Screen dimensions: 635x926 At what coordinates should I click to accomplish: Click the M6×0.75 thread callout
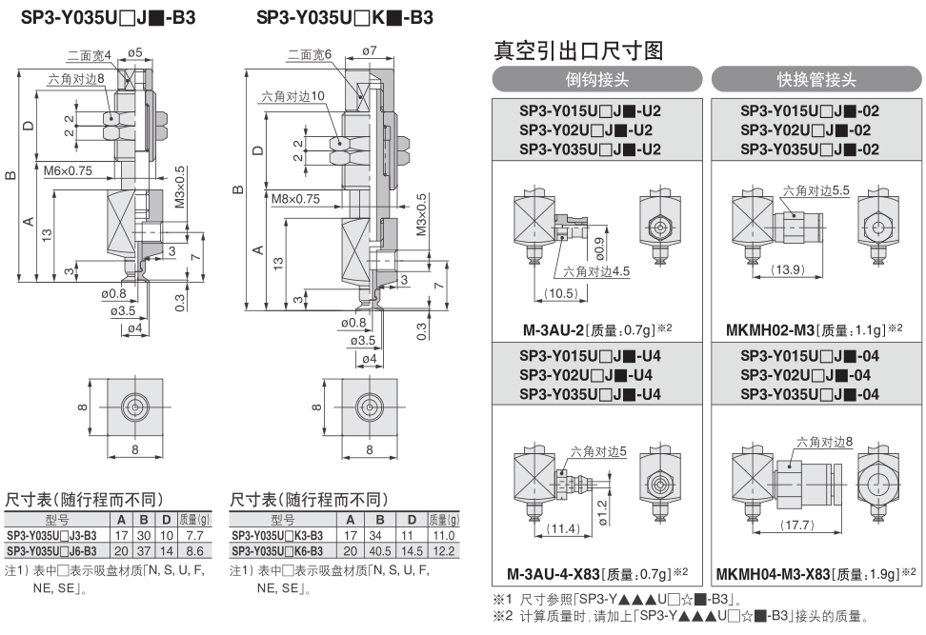[69, 171]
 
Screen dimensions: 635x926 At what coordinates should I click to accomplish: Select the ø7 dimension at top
[371, 50]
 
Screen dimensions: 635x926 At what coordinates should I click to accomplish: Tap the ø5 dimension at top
[133, 50]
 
